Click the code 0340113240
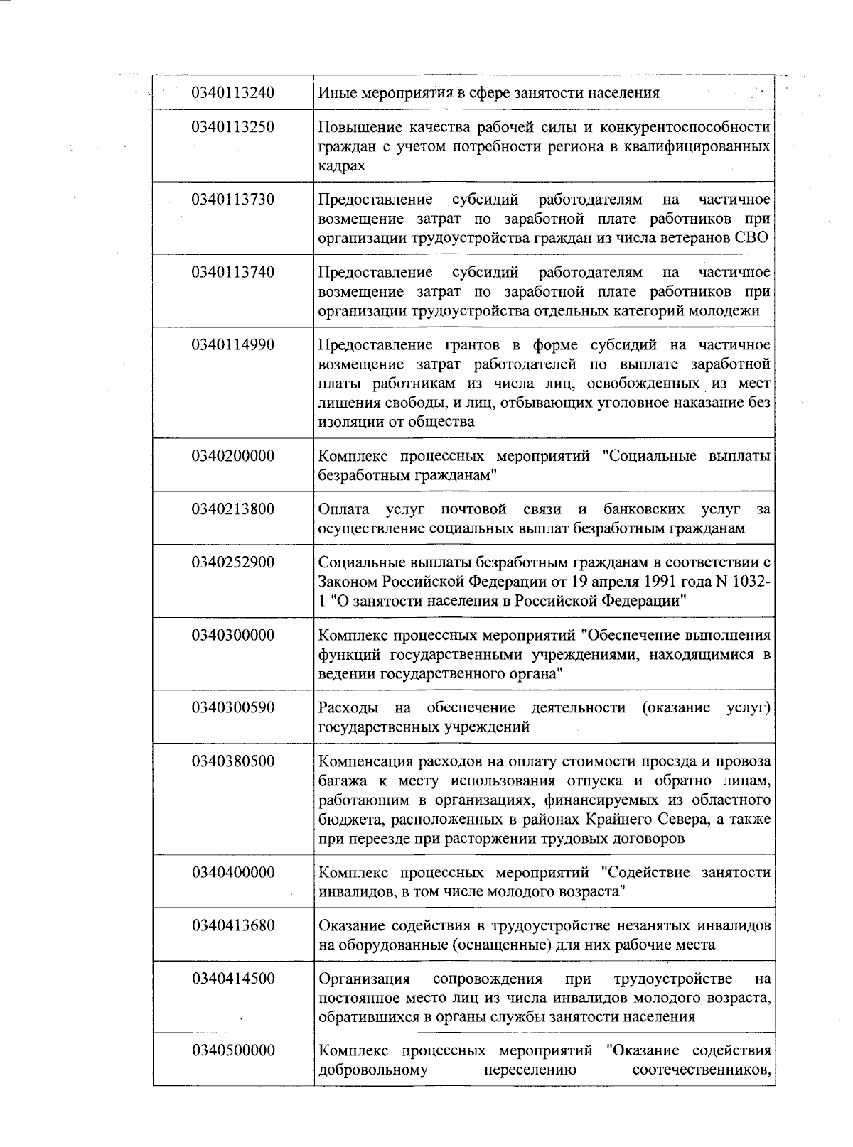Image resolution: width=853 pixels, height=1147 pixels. point(232,93)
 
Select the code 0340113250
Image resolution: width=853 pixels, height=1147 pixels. point(232,128)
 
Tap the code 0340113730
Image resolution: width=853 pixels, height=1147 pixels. point(232,200)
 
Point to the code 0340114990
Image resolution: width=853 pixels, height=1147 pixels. point(232,345)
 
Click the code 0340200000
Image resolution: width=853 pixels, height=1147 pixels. point(232,456)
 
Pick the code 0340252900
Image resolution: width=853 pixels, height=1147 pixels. point(232,563)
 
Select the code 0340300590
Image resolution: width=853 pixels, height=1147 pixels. point(232,708)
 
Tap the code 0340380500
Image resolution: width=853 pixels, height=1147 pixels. point(232,762)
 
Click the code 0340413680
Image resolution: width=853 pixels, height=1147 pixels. point(232,925)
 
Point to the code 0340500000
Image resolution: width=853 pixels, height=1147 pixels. point(232,1050)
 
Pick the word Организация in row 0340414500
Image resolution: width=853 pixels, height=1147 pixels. point(364,979)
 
